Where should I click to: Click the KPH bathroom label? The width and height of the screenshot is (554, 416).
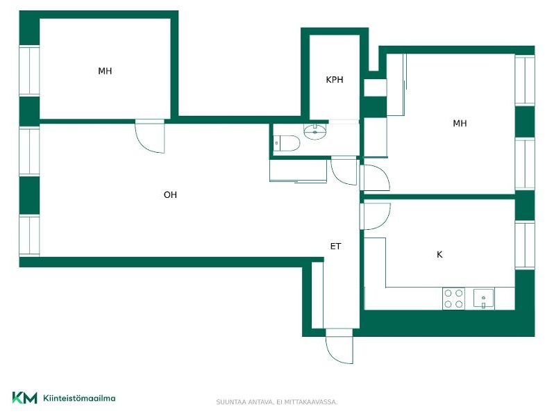334,80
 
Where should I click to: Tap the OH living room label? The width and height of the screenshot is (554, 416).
170,194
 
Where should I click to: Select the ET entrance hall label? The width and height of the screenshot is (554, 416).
335,246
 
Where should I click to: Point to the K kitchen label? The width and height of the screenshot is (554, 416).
439,254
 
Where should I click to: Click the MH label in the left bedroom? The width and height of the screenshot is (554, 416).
105,71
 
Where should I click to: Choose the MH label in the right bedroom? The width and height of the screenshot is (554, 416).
460,124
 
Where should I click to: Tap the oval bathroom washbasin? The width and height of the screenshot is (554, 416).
315,131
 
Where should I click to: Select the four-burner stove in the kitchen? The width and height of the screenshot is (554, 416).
453,299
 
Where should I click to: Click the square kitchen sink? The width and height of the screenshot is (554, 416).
484,299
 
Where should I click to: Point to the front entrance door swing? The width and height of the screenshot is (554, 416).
339,346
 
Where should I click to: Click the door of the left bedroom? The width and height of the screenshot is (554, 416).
150,136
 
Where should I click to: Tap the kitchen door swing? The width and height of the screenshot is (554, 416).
375,216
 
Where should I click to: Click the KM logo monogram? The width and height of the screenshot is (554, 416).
24,398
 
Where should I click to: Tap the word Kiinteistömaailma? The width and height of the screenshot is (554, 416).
79,399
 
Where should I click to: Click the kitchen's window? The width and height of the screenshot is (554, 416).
525,244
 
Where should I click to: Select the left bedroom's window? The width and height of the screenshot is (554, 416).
29,71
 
